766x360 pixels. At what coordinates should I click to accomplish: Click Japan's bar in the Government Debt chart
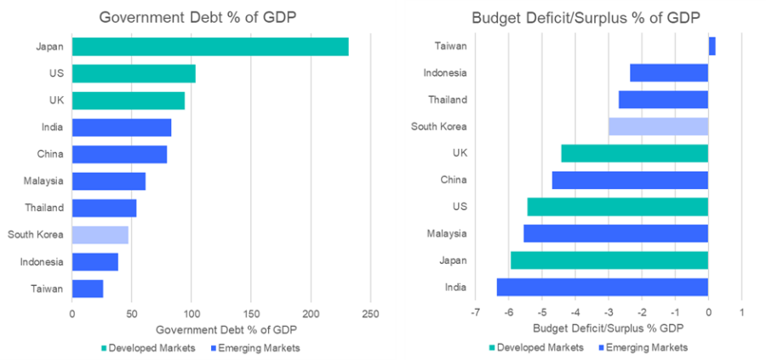(x=210, y=47)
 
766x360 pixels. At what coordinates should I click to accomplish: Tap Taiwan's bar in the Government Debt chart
(x=88, y=289)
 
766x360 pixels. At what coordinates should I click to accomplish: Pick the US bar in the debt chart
(x=134, y=74)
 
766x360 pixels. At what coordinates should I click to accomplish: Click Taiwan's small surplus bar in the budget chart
(x=712, y=46)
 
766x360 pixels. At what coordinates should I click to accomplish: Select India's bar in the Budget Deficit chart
(x=603, y=287)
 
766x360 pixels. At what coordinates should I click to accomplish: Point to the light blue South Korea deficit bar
(x=658, y=127)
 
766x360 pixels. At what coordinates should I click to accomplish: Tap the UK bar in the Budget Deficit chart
(x=635, y=153)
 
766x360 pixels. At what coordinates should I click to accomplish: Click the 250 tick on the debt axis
(x=370, y=313)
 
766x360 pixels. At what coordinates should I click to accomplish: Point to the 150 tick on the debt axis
(x=251, y=313)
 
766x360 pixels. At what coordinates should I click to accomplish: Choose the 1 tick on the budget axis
(x=741, y=313)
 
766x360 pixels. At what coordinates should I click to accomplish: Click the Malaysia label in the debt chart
(x=43, y=181)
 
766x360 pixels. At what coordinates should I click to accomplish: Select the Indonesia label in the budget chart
(x=445, y=73)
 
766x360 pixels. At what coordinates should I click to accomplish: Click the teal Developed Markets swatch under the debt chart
(x=105, y=348)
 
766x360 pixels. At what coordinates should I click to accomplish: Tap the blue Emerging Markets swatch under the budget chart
(x=605, y=348)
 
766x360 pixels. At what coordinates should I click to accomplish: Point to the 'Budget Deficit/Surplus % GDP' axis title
(x=608, y=329)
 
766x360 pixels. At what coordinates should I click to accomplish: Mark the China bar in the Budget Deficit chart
(x=630, y=180)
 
